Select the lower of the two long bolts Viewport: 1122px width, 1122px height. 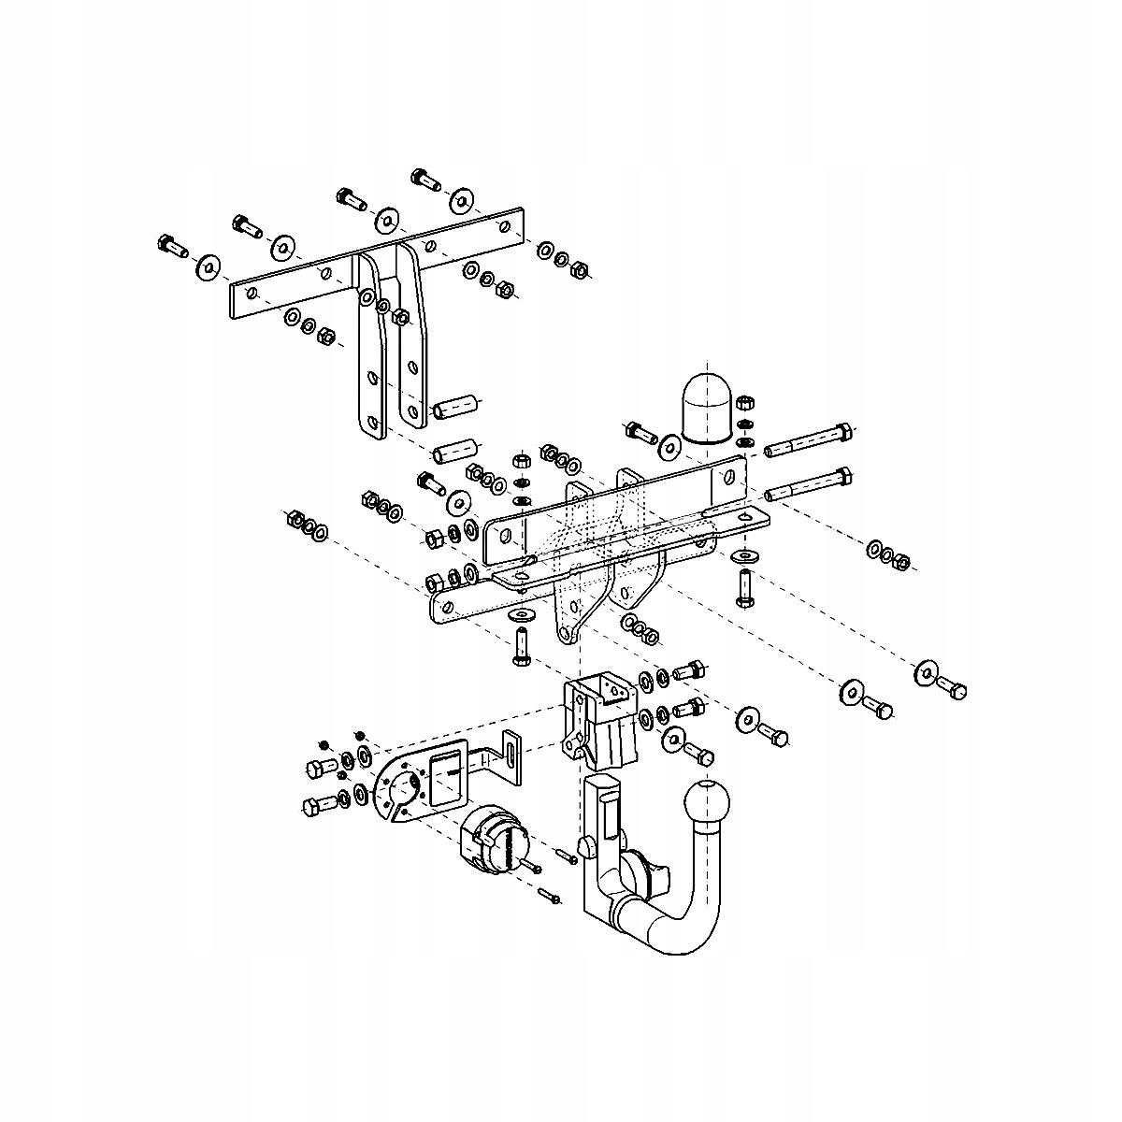click(x=808, y=485)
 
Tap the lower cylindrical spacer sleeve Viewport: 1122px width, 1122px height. click(x=455, y=451)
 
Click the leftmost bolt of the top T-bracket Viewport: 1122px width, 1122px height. click(x=170, y=246)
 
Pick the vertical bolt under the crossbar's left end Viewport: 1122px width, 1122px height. click(x=521, y=646)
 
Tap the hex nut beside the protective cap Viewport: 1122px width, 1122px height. click(x=745, y=404)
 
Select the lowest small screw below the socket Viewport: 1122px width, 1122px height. click(x=549, y=899)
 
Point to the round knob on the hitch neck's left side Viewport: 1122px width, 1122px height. click(x=586, y=847)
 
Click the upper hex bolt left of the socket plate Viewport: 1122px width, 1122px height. click(x=318, y=769)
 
